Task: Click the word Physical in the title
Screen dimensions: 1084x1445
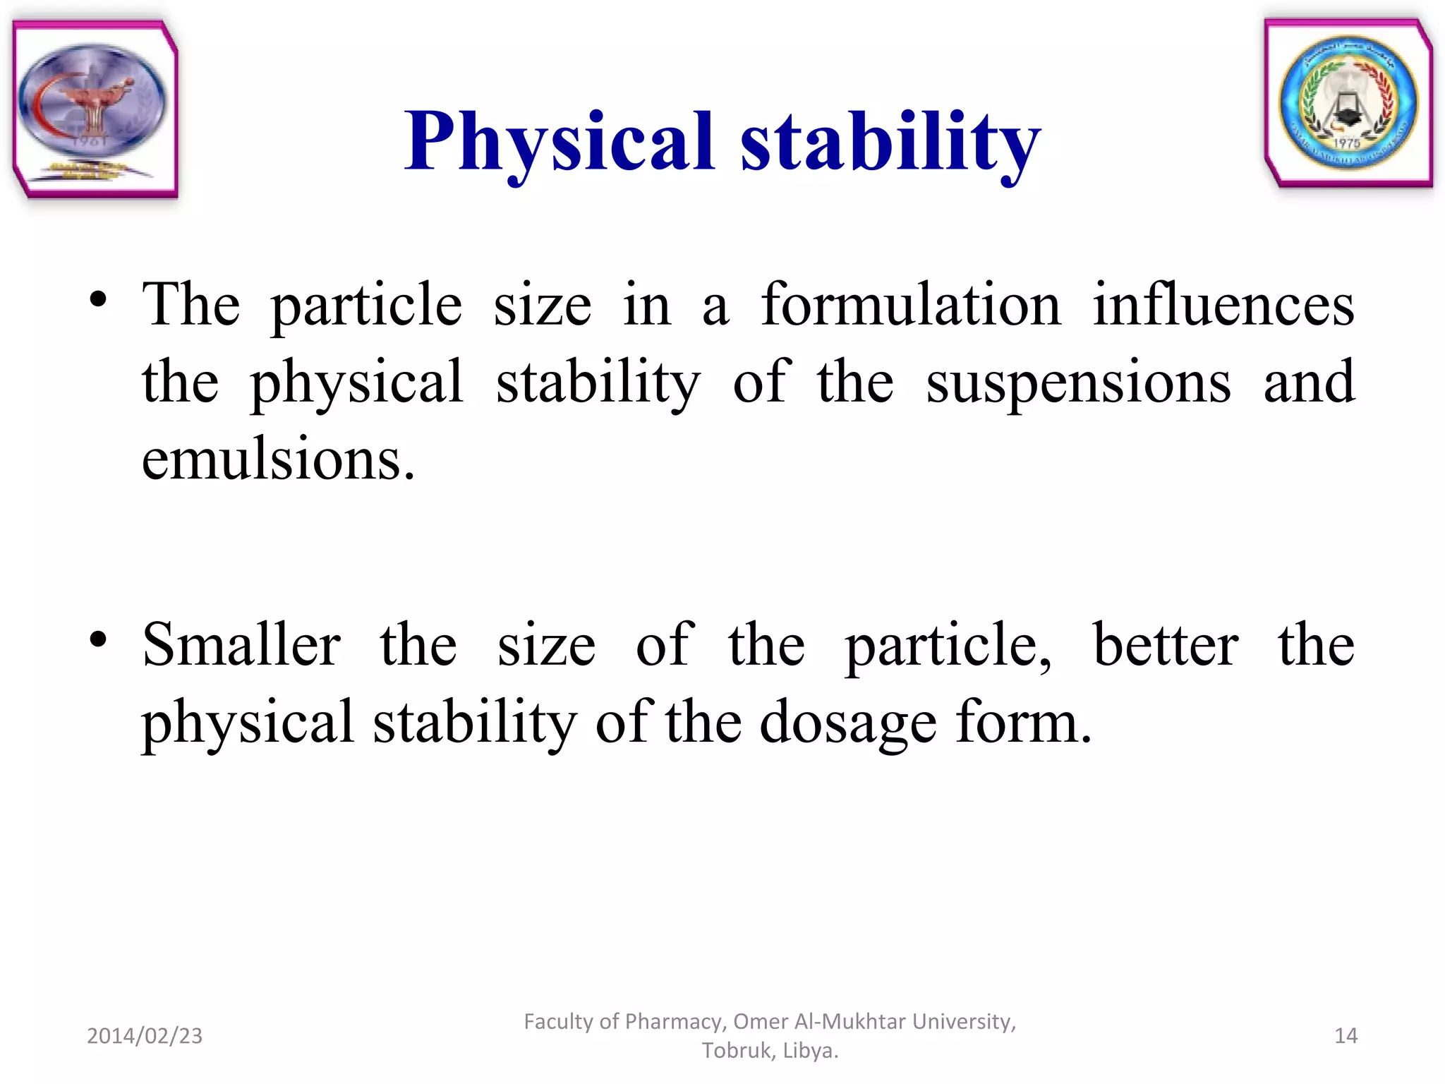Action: pyautogui.click(x=559, y=143)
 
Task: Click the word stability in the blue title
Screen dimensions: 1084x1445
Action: pyautogui.click(x=890, y=143)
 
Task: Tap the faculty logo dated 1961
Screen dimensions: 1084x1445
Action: pyautogui.click(x=94, y=109)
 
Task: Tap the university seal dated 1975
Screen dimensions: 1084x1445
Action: pyautogui.click(x=1348, y=104)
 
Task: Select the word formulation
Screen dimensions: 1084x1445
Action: pyautogui.click(x=911, y=305)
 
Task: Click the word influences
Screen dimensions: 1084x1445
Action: pyautogui.click(x=1223, y=305)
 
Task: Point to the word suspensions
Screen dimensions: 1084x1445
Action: pyautogui.click(x=1078, y=383)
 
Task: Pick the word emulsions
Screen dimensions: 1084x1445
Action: pyautogui.click(x=278, y=460)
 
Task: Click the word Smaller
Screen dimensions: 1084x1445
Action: pyautogui.click(x=241, y=645)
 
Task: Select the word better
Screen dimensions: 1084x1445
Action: pyautogui.click(x=1165, y=645)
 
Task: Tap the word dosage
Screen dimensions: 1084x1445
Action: pyautogui.click(x=848, y=724)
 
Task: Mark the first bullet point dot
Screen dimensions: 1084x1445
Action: pyautogui.click(x=98, y=300)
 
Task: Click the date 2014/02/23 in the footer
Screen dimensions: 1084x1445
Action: pyautogui.click(x=145, y=1036)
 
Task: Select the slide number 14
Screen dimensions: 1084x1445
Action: pyautogui.click(x=1346, y=1036)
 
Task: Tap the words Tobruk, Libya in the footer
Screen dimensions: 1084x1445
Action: pyautogui.click(x=770, y=1051)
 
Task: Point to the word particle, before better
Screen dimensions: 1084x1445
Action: pyautogui.click(x=948, y=646)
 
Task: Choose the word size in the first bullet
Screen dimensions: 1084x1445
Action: pyautogui.click(x=542, y=306)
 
